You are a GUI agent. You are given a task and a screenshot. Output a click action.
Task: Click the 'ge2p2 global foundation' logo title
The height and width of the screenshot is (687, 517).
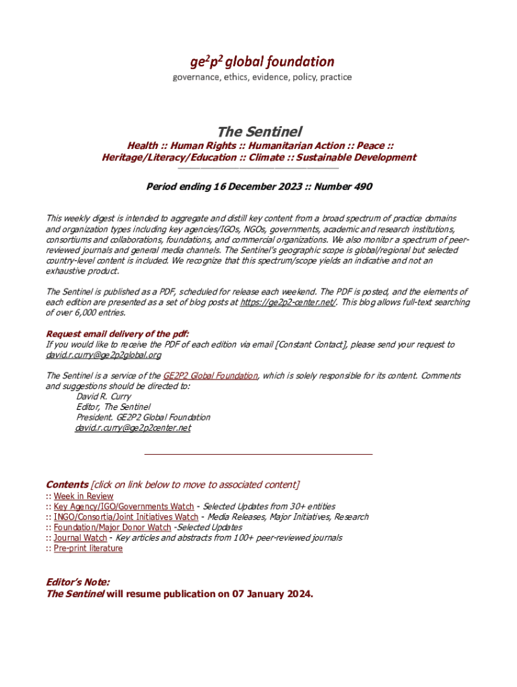[262, 62]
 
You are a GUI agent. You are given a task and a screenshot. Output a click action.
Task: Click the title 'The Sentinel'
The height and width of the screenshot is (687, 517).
[259, 131]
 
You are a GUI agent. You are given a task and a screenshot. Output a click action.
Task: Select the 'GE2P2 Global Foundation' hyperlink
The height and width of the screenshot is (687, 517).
[210, 376]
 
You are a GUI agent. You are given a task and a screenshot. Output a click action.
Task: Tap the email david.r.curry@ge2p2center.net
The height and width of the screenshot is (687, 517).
[133, 427]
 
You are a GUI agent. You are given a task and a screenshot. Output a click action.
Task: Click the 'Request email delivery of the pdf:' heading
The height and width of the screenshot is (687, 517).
[117, 334]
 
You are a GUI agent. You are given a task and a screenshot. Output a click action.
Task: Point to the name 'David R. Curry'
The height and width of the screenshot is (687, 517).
[104, 397]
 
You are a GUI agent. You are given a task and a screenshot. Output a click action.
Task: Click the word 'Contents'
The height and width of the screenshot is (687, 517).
[66, 484]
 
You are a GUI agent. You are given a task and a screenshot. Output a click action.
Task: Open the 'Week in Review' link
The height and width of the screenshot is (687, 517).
[83, 496]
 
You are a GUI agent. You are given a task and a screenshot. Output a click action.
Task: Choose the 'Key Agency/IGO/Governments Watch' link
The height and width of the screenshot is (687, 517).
[124, 507]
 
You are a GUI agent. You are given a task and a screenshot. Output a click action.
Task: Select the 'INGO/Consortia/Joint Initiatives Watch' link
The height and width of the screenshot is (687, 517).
[126, 517]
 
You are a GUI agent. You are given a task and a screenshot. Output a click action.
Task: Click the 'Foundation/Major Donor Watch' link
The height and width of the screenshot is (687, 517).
[112, 527]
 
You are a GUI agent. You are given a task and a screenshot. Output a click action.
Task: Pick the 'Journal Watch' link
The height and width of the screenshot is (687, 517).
[80, 537]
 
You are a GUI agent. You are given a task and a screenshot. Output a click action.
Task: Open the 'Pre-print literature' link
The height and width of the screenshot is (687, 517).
[88, 548]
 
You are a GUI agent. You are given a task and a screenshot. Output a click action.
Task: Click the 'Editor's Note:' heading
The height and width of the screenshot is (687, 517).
[78, 582]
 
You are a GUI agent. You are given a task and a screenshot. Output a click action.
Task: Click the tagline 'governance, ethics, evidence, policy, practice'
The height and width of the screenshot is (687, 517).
[262, 77]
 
